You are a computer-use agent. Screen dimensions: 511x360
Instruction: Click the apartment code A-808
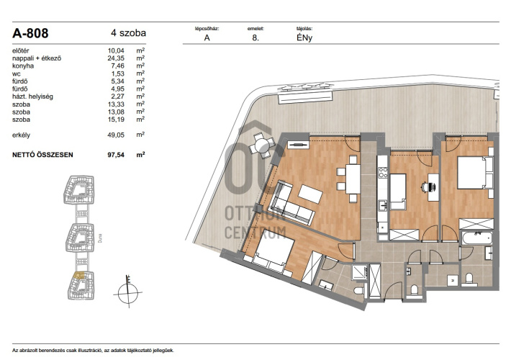coord(30,33)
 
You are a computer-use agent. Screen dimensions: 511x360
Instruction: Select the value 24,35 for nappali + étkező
coord(116,58)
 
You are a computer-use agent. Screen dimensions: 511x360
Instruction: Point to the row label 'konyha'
coord(23,66)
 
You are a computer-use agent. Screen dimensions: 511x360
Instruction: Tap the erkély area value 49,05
coord(116,135)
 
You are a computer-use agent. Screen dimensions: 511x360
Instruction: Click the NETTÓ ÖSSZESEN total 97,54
coord(116,155)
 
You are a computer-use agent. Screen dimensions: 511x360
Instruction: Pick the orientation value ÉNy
coord(304,38)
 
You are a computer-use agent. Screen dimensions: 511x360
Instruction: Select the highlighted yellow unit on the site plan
coord(79,276)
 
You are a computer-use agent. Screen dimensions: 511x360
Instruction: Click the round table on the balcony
coord(261,145)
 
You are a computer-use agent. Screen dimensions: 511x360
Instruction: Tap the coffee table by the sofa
coord(310,194)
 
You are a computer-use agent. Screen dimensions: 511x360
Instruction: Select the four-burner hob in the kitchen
coord(383,172)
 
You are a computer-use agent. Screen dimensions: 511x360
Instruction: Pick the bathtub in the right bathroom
coord(476,238)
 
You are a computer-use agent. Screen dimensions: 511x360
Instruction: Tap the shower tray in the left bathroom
coord(359,273)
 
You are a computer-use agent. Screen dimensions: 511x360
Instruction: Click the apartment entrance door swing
coord(394,290)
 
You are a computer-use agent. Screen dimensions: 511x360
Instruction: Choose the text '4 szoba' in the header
coord(128,33)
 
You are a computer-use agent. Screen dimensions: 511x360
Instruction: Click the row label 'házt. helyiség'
coord(32,96)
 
